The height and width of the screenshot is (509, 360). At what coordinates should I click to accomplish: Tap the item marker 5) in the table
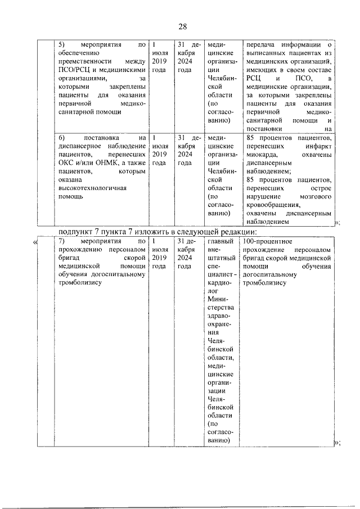pyautogui.click(x=62, y=44)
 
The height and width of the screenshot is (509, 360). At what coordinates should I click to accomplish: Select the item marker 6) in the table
pyautogui.click(x=62, y=137)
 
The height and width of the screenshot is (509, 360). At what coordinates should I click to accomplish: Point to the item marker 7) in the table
pyautogui.click(x=62, y=241)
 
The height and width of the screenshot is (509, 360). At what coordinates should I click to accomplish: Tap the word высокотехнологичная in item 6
pyautogui.click(x=93, y=188)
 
